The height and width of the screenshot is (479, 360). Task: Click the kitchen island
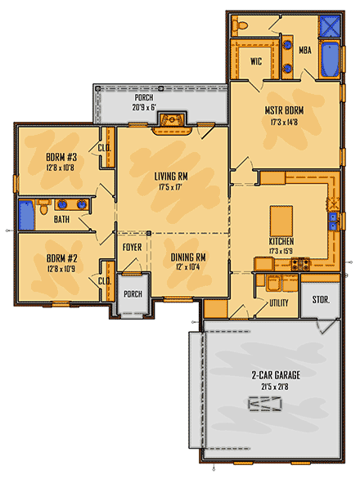(x=280, y=220)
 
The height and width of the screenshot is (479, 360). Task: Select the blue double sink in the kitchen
(x=334, y=219)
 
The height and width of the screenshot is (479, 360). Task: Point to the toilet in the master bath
(x=241, y=27)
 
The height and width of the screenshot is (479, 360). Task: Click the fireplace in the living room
(x=173, y=122)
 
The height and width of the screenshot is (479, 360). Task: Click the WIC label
(x=254, y=61)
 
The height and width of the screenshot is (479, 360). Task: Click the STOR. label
(x=321, y=300)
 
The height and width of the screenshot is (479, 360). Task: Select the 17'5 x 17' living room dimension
(x=172, y=186)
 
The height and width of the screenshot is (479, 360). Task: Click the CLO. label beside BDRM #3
(x=105, y=149)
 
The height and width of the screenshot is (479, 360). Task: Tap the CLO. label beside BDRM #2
(x=105, y=281)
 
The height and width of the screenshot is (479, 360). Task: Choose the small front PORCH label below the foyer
(x=132, y=294)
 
